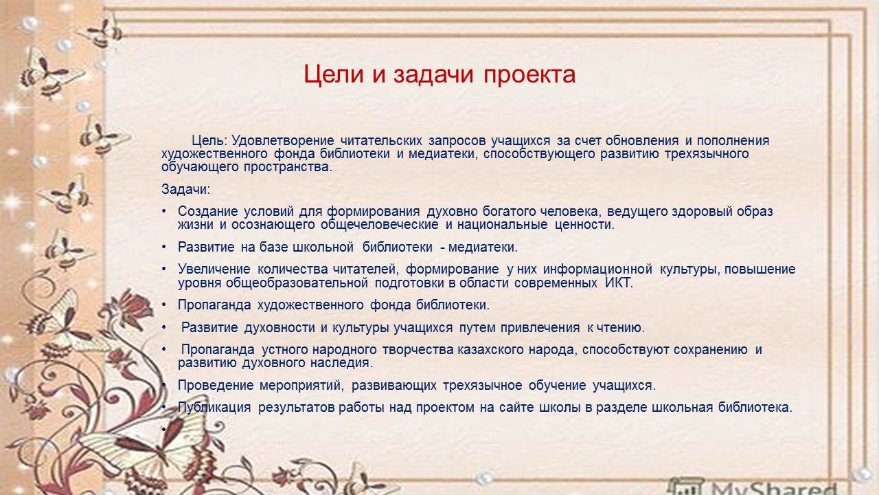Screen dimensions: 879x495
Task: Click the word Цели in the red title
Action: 334,75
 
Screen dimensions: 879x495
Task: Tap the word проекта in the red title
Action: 529,76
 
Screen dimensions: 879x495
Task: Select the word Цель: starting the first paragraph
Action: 209,141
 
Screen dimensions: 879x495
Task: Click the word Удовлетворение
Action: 282,141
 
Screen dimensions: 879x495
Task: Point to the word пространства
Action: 288,167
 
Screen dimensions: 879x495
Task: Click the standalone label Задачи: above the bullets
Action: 185,190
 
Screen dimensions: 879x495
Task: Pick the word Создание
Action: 207,212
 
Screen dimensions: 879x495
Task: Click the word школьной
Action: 323,247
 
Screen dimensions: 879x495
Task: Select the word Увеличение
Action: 214,269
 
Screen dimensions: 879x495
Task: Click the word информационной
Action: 597,269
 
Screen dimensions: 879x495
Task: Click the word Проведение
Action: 216,386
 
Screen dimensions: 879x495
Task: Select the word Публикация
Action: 214,408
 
